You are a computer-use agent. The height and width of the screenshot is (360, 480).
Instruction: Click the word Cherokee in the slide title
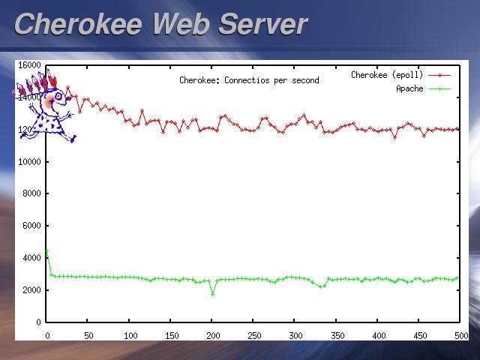pos(79,24)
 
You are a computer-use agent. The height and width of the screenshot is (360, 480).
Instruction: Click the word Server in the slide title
pos(262,24)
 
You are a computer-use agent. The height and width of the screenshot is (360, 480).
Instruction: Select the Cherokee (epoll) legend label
pos(387,75)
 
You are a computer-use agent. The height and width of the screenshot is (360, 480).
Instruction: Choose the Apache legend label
pos(409,88)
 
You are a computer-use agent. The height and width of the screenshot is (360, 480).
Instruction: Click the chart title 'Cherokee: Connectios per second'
pos(249,80)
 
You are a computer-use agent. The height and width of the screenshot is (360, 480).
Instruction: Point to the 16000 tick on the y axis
pos(29,65)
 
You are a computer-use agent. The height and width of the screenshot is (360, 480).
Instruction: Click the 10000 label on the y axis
pos(29,161)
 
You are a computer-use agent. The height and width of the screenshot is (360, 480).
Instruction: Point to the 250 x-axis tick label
pos(254,335)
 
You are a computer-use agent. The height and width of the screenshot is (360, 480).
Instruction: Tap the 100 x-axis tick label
pos(130,335)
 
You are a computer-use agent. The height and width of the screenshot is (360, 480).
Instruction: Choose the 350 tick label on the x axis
pos(337,335)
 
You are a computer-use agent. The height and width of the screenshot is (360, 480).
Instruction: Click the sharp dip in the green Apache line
pos(212,293)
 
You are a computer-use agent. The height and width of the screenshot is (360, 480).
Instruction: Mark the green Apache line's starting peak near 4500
pos(46,250)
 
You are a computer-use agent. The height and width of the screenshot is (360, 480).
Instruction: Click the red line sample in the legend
pos(439,75)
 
